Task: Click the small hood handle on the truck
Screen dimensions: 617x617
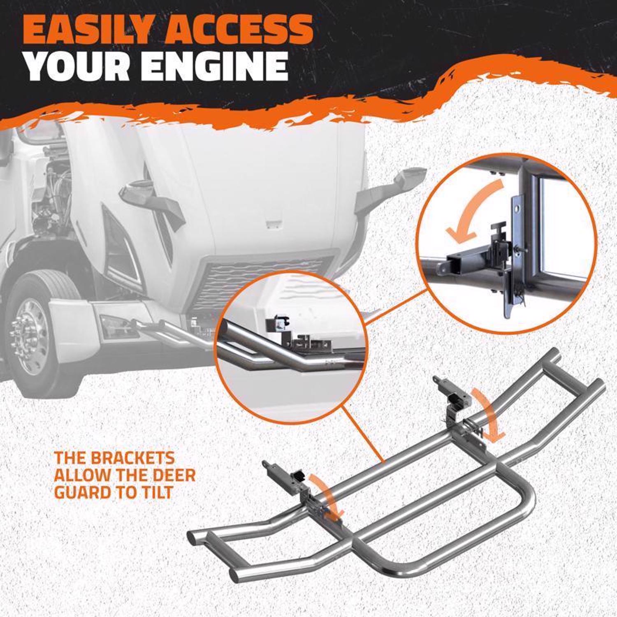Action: point(273,224)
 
